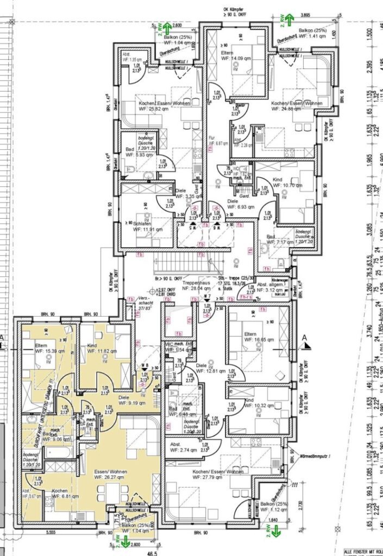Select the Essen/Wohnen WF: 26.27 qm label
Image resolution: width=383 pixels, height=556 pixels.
(x=111, y=475)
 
